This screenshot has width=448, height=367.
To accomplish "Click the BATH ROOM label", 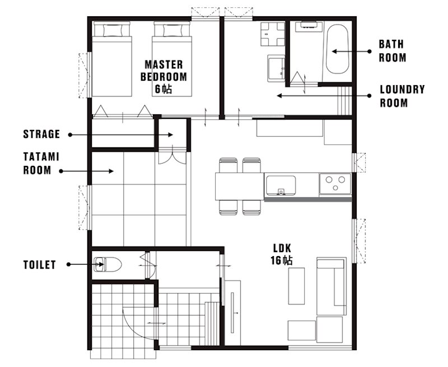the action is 393,51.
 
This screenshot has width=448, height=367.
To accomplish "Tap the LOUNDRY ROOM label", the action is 402,96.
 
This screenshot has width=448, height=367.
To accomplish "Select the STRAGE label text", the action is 41,134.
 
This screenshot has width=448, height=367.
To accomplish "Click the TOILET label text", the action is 39,264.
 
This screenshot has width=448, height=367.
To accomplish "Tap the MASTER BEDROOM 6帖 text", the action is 164,77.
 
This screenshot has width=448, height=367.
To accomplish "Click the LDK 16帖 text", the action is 282,254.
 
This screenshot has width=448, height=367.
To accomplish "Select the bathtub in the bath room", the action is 337,49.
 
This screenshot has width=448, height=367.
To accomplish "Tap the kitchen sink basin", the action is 281,185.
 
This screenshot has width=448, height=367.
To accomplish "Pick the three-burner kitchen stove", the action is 335,184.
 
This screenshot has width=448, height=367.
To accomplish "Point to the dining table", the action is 240,186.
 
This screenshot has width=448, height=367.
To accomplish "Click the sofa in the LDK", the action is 332,286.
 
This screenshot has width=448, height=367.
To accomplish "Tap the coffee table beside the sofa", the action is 296,286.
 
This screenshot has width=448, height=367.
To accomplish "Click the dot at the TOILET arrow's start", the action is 68,264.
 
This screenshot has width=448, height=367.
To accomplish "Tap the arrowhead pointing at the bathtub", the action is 334,52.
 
